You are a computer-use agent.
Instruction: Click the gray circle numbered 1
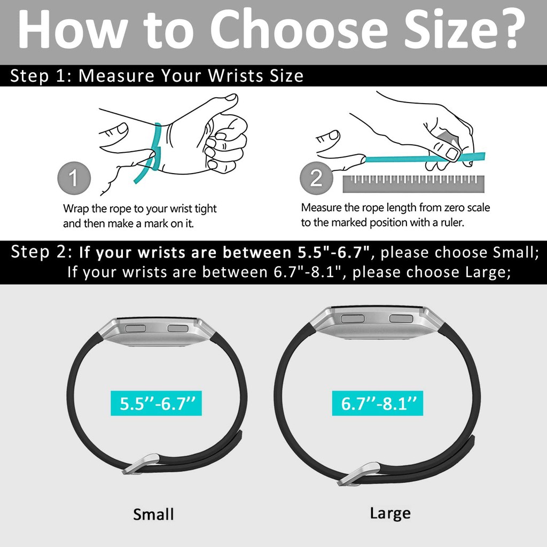tap(74, 178)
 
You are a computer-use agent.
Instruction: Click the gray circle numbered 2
tap(316, 178)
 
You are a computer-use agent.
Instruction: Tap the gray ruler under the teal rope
tap(413, 184)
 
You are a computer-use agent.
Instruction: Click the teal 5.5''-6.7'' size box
tap(156, 403)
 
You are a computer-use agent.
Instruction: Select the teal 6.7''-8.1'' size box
tap(378, 403)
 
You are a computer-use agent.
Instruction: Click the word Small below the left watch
tap(153, 514)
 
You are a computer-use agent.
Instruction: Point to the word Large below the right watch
tap(390, 513)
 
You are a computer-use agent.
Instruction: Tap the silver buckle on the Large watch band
tap(358, 474)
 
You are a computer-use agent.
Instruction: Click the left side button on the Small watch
tap(135, 329)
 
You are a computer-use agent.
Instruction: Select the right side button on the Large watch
tap(401, 318)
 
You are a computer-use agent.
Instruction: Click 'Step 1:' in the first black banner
tap(41, 76)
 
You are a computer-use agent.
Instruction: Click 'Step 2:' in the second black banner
tap(42, 252)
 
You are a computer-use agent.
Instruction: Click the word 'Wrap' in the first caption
tap(76, 209)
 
